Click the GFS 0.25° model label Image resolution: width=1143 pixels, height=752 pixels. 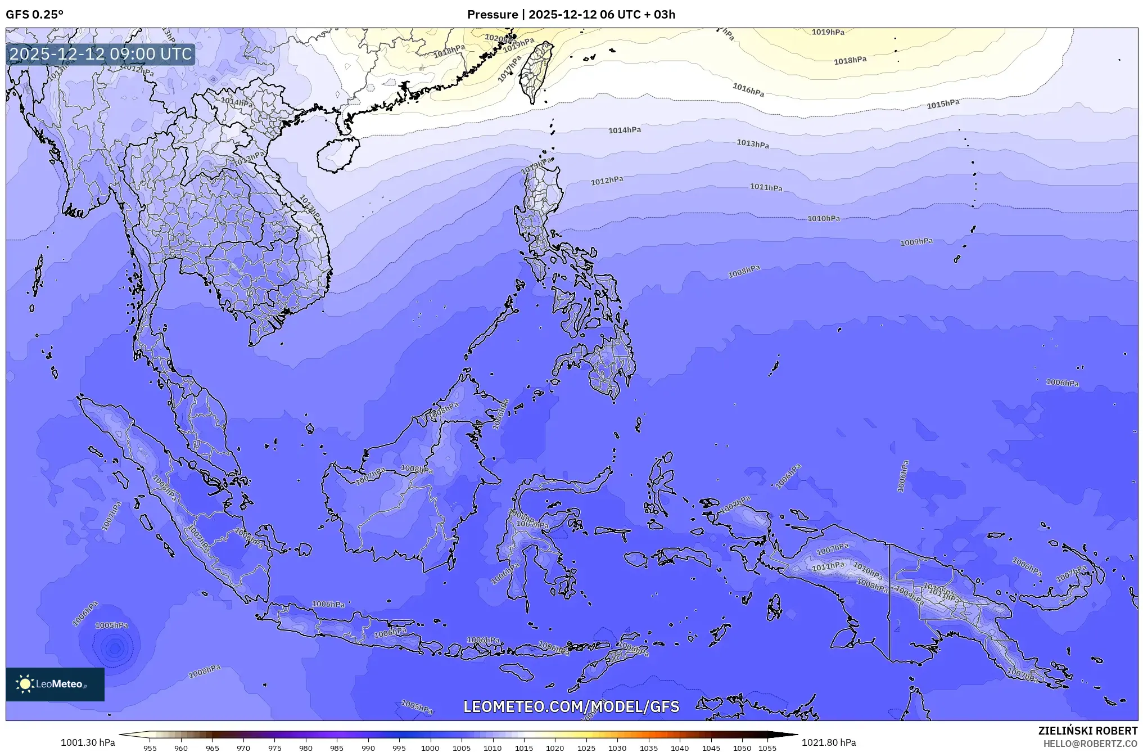pyautogui.click(x=34, y=15)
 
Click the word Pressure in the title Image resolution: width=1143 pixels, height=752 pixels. pyautogui.click(x=492, y=15)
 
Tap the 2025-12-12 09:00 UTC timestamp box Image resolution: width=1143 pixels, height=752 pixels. pyautogui.click(x=101, y=54)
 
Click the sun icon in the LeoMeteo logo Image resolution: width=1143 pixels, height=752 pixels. pyautogui.click(x=25, y=684)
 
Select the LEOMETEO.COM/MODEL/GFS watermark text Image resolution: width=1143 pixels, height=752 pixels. pyautogui.click(x=571, y=706)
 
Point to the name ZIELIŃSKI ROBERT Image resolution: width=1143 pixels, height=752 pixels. pyautogui.click(x=1087, y=731)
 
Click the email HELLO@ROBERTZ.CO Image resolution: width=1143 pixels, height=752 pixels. pyautogui.click(x=1090, y=744)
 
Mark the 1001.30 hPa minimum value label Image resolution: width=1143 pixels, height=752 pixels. pyautogui.click(x=88, y=742)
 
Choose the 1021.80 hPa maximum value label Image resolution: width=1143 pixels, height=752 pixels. pyautogui.click(x=829, y=742)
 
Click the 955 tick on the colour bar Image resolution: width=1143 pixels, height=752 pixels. pyautogui.click(x=150, y=748)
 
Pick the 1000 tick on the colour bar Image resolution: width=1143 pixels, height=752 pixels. pyautogui.click(x=430, y=748)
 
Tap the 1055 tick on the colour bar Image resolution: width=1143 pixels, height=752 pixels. pyautogui.click(x=767, y=748)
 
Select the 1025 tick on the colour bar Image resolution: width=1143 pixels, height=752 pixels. pyautogui.click(x=586, y=748)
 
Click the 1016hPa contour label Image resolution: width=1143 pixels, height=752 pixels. pyautogui.click(x=748, y=89)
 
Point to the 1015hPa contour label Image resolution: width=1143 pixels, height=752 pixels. pyautogui.click(x=943, y=104)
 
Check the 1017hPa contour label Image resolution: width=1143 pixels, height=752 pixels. pyautogui.click(x=509, y=69)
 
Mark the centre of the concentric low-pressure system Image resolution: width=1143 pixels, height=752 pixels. pyautogui.click(x=115, y=649)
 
